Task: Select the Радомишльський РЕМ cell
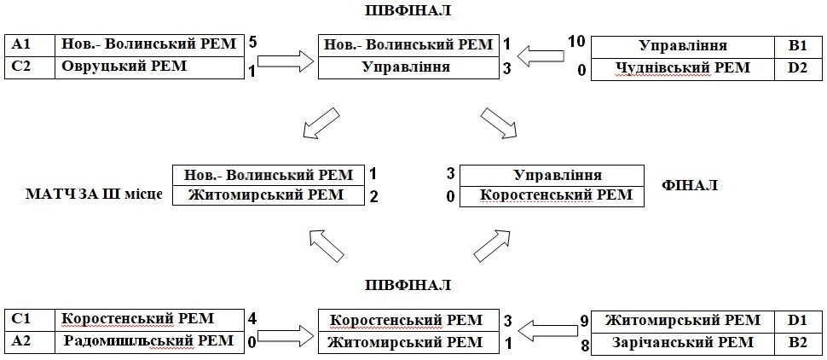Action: click(148, 341)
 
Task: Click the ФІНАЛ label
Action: click(690, 184)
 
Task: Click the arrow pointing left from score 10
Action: click(543, 55)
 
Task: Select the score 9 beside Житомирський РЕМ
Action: click(583, 321)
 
